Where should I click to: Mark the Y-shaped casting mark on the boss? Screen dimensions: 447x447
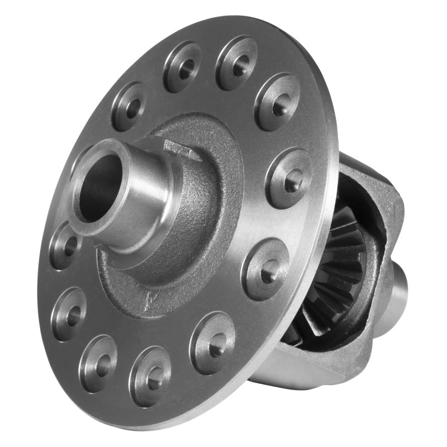(148, 299)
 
